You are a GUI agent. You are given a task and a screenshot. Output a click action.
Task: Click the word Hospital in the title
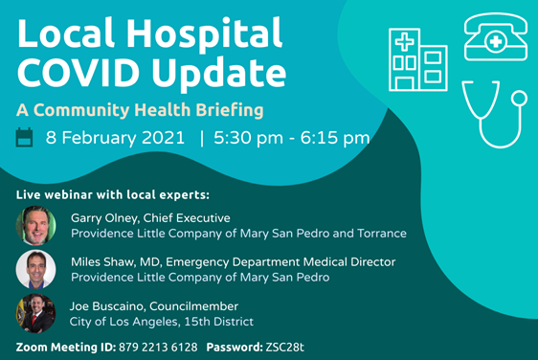click(x=205, y=34)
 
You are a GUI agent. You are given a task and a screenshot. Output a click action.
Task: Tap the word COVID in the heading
click(x=78, y=73)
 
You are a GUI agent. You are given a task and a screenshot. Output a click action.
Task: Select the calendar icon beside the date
click(x=24, y=137)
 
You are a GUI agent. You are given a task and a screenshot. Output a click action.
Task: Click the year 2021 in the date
click(x=164, y=138)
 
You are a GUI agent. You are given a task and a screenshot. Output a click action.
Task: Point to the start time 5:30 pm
click(x=248, y=138)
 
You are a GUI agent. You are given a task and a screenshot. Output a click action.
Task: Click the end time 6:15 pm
click(x=335, y=138)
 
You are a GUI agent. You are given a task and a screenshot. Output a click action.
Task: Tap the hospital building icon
click(x=418, y=59)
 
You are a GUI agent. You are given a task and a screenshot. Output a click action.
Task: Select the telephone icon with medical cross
click(x=496, y=36)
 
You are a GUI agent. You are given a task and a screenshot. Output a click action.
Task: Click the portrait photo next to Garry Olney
click(x=36, y=225)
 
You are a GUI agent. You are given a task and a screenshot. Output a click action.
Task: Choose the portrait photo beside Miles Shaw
click(x=36, y=269)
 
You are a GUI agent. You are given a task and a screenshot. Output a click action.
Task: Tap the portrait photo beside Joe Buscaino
click(x=36, y=313)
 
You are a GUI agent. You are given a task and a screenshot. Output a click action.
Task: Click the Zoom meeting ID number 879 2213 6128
click(x=158, y=348)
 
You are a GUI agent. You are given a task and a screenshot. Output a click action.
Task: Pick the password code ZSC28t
click(x=284, y=348)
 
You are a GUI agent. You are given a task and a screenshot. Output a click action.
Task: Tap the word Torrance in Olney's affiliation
click(x=382, y=234)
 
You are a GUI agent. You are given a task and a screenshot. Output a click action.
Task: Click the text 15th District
click(x=219, y=322)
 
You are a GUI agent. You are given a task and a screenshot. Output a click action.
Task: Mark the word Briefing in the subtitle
click(x=230, y=110)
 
